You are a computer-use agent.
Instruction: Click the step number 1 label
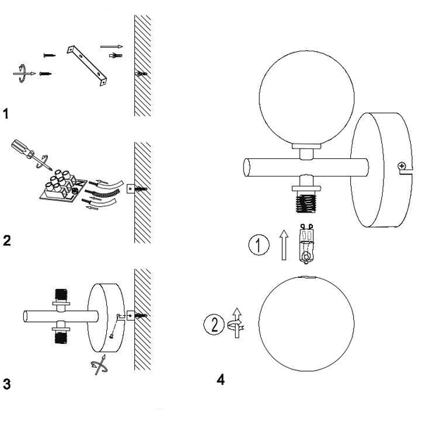point(6,113)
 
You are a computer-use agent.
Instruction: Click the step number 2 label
point(7,240)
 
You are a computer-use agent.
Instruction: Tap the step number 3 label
point(7,384)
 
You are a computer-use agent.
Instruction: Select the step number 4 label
point(220,380)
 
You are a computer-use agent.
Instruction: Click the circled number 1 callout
point(259,245)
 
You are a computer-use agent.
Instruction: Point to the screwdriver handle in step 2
point(22,148)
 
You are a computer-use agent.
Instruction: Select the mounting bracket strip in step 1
point(87,65)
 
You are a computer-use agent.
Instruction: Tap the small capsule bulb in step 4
point(307,243)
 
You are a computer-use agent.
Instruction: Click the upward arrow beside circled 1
point(283,245)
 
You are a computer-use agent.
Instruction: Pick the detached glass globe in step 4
point(307,324)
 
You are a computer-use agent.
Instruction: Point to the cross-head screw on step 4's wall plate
point(402,166)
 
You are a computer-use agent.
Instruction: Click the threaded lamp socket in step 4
point(306,204)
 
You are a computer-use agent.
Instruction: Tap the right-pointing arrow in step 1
point(112,46)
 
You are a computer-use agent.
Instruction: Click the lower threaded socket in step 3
point(61,338)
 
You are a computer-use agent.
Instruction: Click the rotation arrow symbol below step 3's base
point(99,364)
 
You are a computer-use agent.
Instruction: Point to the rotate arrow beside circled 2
point(236,323)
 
